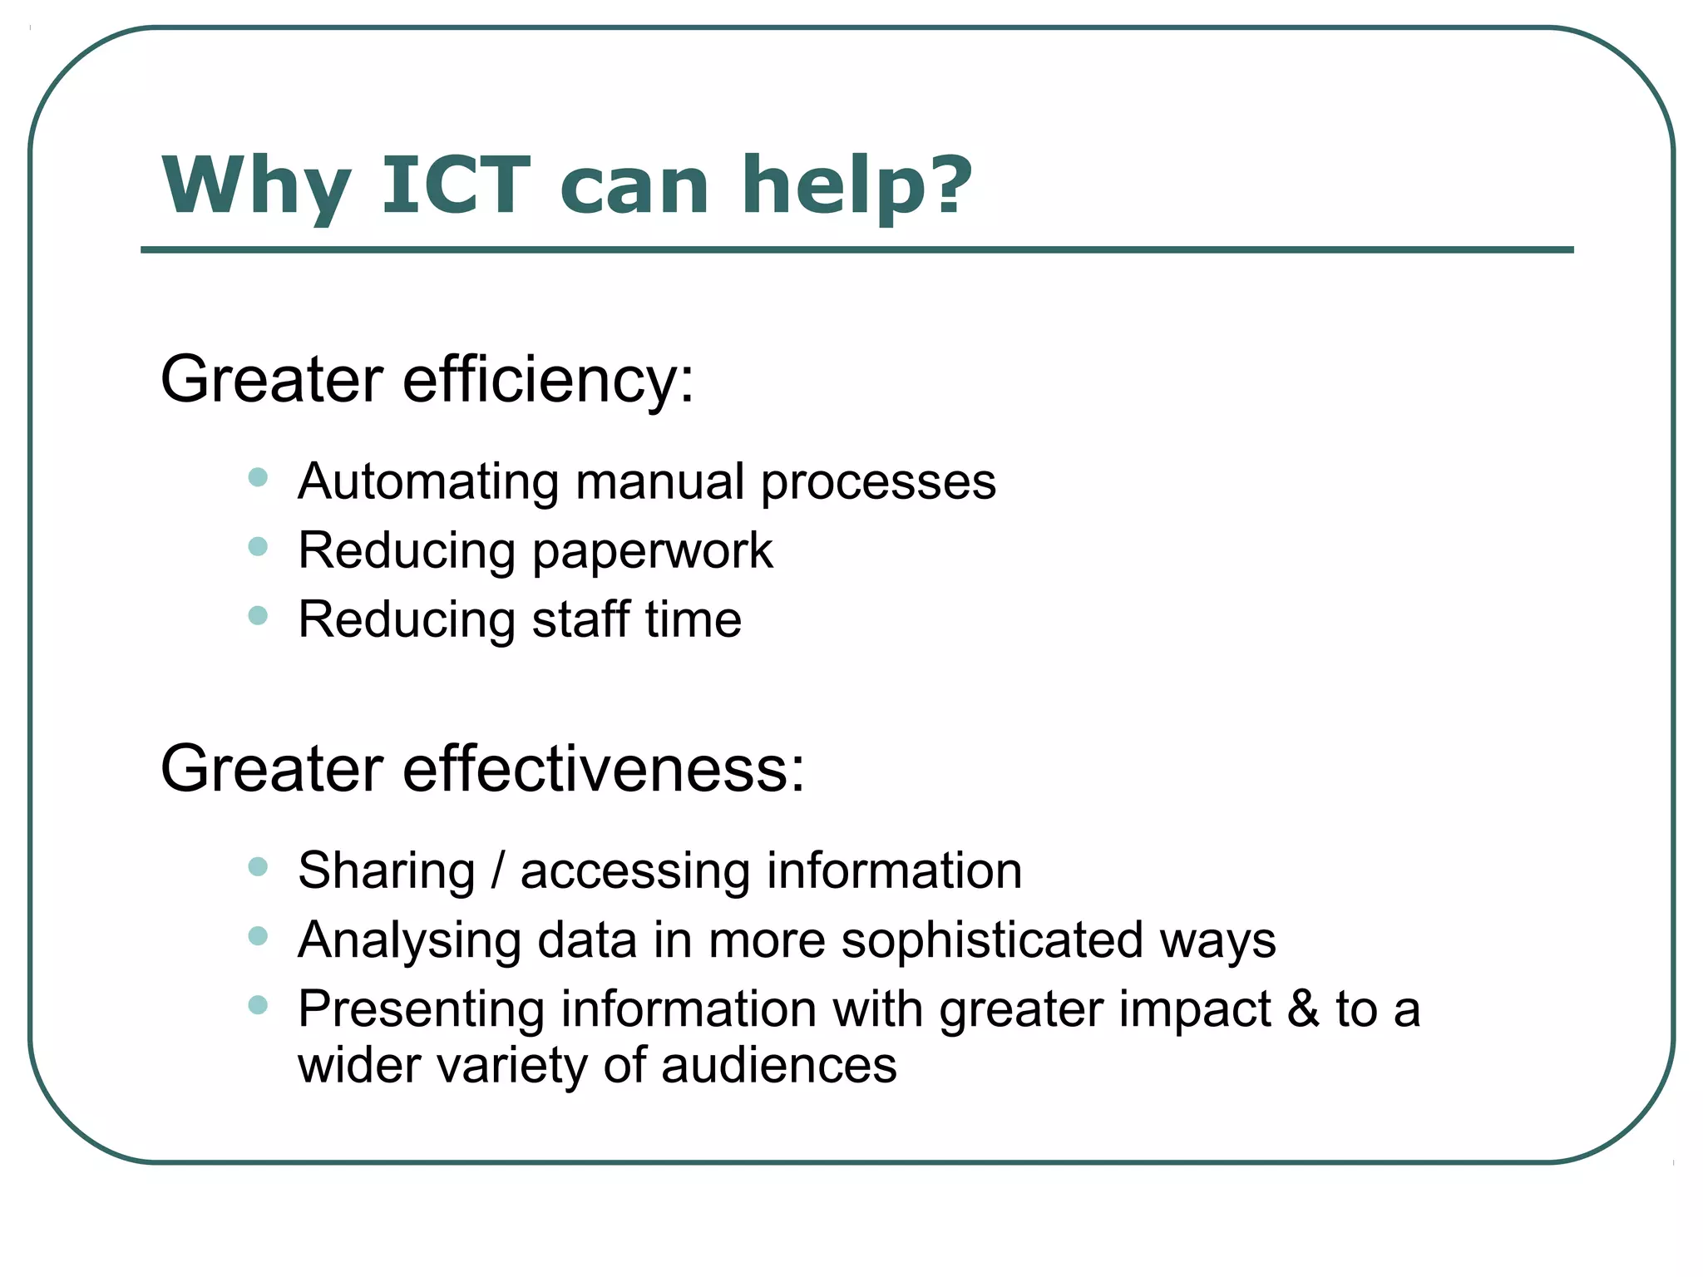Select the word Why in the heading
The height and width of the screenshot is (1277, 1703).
(257, 186)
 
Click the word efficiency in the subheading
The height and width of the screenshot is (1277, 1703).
(548, 380)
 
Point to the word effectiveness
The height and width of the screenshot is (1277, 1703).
(604, 769)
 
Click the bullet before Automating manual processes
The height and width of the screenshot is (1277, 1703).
(258, 477)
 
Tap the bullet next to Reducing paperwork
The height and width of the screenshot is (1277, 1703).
(258, 546)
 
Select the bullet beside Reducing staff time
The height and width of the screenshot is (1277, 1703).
(258, 615)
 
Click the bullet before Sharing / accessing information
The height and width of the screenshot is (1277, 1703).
(258, 867)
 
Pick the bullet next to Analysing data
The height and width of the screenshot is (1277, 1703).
(258, 936)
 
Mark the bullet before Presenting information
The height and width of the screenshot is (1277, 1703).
(258, 1005)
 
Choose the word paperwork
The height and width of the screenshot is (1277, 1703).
(652, 552)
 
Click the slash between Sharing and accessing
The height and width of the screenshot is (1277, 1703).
(497, 871)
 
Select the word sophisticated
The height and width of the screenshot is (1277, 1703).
(991, 941)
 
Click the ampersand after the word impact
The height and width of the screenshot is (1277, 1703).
(1303, 1009)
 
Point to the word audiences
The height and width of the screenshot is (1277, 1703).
(778, 1066)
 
